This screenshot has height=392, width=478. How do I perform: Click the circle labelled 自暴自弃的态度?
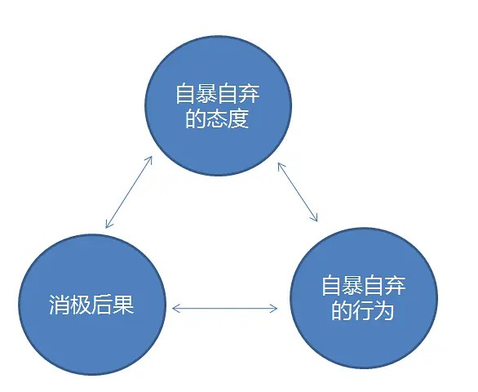(x=219, y=105)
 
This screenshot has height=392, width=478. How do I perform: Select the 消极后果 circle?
(x=92, y=305)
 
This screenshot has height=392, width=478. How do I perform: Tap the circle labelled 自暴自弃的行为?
(x=364, y=298)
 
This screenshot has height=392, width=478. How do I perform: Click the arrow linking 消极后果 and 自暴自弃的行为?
(x=224, y=309)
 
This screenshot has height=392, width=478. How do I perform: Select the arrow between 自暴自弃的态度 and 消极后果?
(x=129, y=193)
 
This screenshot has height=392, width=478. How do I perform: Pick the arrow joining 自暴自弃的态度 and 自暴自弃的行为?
(x=298, y=193)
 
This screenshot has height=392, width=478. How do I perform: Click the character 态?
(x=217, y=118)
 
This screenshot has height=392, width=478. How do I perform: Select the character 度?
(x=238, y=118)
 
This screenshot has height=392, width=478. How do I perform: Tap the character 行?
(x=363, y=310)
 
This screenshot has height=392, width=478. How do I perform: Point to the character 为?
(x=383, y=310)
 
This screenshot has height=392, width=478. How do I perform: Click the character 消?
(x=60, y=305)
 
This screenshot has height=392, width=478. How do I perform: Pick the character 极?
(x=81, y=305)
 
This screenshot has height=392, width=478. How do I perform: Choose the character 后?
(x=102, y=305)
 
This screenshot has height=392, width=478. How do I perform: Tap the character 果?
(x=123, y=305)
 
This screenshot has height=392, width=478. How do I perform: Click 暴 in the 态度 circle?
(x=207, y=94)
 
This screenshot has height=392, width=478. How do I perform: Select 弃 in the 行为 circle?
(x=395, y=286)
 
